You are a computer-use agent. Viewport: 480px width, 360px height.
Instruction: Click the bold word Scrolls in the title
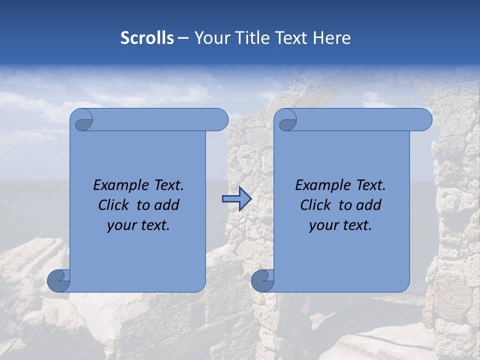(147, 38)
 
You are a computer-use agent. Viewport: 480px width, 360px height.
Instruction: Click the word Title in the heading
(254, 38)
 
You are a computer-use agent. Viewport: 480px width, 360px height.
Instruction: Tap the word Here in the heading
(331, 38)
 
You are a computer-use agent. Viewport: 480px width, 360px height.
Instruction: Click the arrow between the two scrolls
(236, 199)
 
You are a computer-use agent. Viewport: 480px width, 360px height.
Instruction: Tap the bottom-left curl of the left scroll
(58, 280)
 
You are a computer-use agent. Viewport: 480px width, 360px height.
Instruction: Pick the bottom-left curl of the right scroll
(262, 280)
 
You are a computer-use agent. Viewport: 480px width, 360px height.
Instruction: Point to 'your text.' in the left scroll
(138, 225)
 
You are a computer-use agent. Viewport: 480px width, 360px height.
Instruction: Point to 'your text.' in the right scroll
(340, 225)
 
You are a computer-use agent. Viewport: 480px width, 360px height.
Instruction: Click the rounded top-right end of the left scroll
(220, 120)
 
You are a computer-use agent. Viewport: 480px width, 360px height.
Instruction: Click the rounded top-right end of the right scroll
(424, 120)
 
